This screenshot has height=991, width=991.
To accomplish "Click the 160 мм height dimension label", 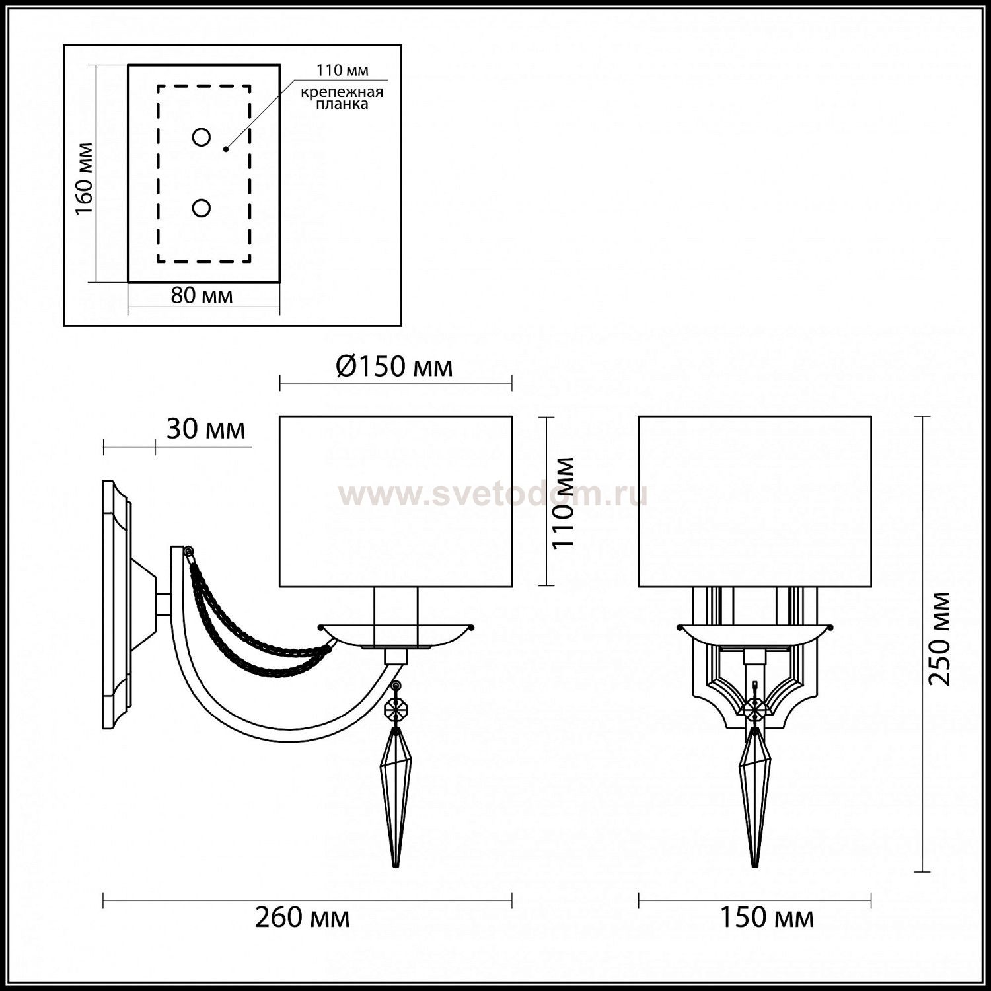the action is coord(84,178).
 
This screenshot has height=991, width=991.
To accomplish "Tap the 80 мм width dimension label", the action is coord(202,295).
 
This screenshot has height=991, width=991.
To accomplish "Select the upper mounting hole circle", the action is coord(202,137).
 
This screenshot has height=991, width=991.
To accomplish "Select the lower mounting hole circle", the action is coord(202,208).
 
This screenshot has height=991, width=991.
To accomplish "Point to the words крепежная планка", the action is coord(342,98).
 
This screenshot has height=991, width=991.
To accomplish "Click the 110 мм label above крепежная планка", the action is coord(342,70).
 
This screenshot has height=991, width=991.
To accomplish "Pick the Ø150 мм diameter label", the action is coord(394,366).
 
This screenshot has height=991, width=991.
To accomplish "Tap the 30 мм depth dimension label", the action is coord(205,429).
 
